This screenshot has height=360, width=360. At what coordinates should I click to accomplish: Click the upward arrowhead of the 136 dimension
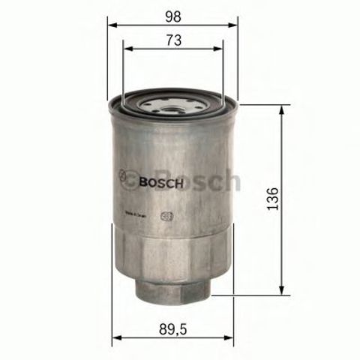point(282,110)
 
